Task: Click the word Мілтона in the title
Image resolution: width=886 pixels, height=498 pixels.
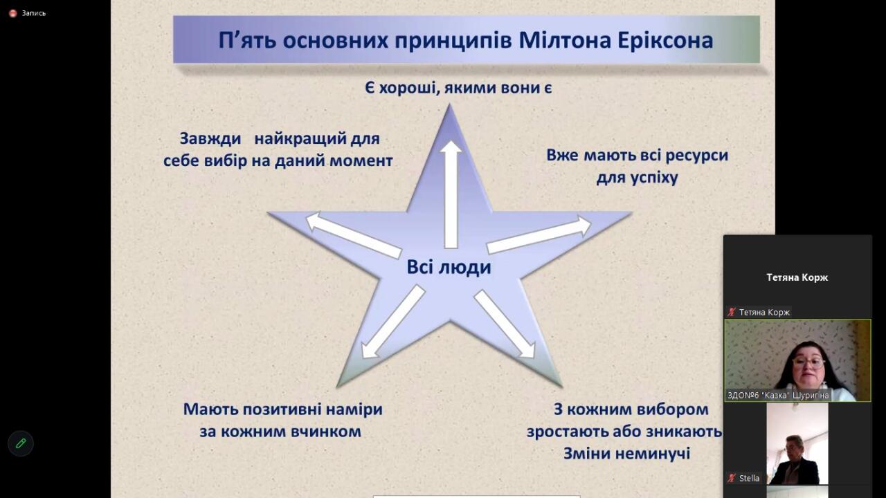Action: [565, 40]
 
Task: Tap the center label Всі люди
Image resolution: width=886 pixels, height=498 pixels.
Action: [449, 267]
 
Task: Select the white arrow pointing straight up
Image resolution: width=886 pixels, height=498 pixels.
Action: [451, 194]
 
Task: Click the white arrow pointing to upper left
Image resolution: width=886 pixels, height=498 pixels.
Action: [354, 235]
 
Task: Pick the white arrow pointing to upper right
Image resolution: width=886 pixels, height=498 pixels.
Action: [539, 234]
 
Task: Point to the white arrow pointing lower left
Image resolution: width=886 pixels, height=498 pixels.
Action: [392, 322]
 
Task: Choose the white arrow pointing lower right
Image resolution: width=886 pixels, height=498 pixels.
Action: [505, 324]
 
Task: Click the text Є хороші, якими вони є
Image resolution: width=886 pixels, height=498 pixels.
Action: [458, 88]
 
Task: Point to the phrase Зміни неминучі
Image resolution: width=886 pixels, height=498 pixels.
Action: [627, 453]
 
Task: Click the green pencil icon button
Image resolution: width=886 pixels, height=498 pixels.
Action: [21, 443]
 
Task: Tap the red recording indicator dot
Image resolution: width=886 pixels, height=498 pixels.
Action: [13, 13]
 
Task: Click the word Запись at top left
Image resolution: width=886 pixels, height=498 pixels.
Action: [34, 13]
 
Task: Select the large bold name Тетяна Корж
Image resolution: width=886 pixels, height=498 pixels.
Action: [797, 277]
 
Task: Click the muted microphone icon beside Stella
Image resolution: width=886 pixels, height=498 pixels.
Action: [732, 478]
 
